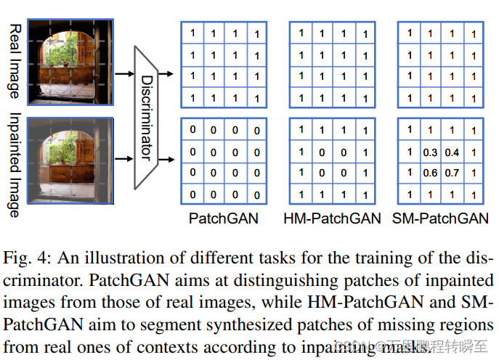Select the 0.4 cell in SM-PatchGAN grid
coord(453,153)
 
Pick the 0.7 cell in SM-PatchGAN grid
coord(453,174)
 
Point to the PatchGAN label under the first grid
coord(223,218)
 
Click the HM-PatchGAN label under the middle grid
coord(332,218)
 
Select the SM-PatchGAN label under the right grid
coord(440,218)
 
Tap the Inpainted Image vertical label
coord(14,165)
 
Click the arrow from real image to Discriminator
coord(124,73)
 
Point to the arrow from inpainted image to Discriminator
coord(124,156)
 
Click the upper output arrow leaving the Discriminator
coord(166,73)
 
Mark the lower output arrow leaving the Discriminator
coord(166,156)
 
